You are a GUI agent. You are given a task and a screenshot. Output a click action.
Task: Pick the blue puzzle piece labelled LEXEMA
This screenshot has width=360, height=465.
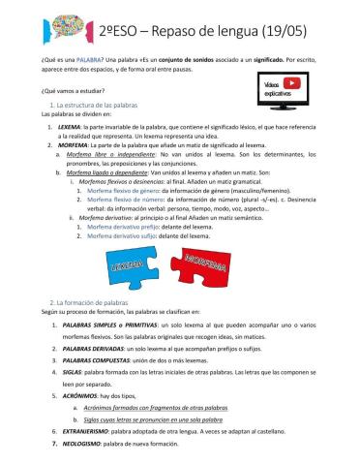pyautogui.click(x=131, y=263)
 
